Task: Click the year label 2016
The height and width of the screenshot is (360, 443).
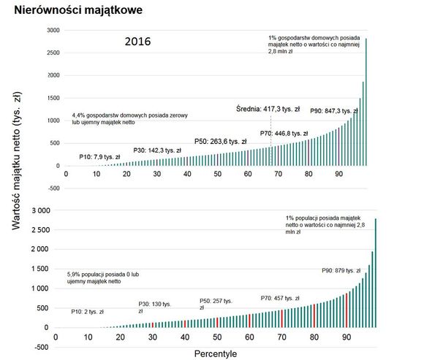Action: point(138,42)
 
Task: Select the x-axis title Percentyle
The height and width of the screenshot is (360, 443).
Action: point(216,353)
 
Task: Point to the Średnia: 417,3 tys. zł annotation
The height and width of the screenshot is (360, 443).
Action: point(269,109)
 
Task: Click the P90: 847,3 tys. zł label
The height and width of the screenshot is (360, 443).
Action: point(333,110)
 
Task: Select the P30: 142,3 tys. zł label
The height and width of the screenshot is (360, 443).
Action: point(158,150)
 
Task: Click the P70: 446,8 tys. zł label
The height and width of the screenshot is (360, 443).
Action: point(284,134)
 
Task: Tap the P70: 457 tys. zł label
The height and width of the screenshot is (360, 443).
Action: point(280,298)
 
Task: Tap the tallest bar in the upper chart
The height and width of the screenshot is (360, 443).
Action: point(366,102)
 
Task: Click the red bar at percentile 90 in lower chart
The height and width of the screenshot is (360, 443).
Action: point(347,310)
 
